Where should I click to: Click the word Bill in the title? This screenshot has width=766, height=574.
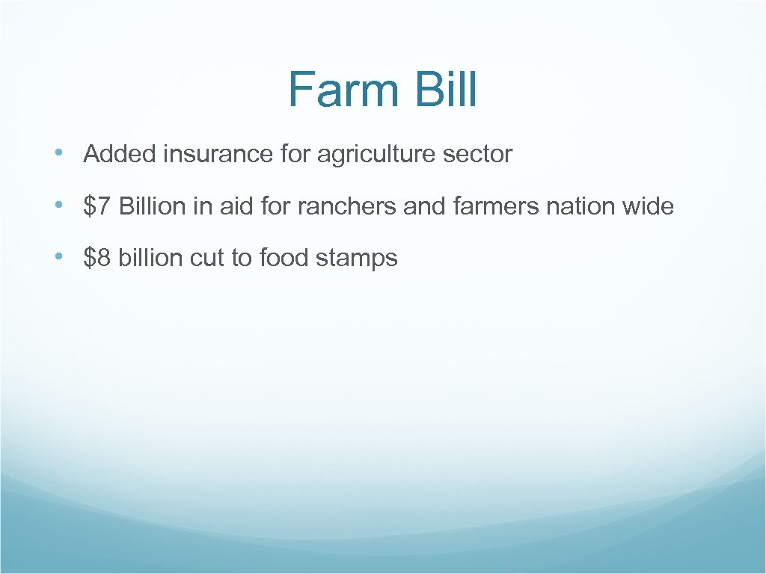pyautogui.click(x=444, y=90)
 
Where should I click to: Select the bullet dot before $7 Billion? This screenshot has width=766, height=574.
pyautogui.click(x=59, y=206)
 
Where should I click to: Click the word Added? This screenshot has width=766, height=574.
pyautogui.click(x=120, y=155)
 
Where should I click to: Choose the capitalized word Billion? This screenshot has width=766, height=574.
pyautogui.click(x=153, y=206)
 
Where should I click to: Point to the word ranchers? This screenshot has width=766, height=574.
pyautogui.click(x=347, y=206)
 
